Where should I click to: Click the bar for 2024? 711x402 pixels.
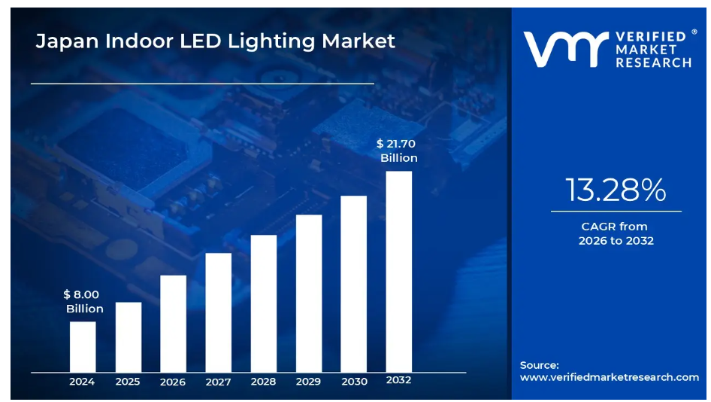click(83, 346)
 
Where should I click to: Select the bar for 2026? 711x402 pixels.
click(173, 323)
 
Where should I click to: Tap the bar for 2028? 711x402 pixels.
click(263, 303)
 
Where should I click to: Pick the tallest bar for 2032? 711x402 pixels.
click(399, 271)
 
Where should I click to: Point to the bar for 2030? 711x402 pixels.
click(354, 283)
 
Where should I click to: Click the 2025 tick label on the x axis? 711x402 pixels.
click(128, 382)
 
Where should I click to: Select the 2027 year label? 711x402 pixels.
click(218, 382)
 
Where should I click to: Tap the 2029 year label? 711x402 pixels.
click(308, 382)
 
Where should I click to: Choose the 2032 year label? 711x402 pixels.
click(399, 380)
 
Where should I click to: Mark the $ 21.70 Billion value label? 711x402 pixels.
click(398, 151)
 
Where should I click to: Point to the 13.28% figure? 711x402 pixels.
click(616, 190)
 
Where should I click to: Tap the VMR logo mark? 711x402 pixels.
click(564, 50)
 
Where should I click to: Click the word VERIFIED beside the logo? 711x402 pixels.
click(651, 36)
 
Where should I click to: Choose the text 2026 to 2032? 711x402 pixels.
click(616, 241)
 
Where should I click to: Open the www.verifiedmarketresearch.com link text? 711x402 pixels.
click(609, 377)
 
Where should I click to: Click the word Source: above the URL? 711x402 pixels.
click(539, 365)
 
